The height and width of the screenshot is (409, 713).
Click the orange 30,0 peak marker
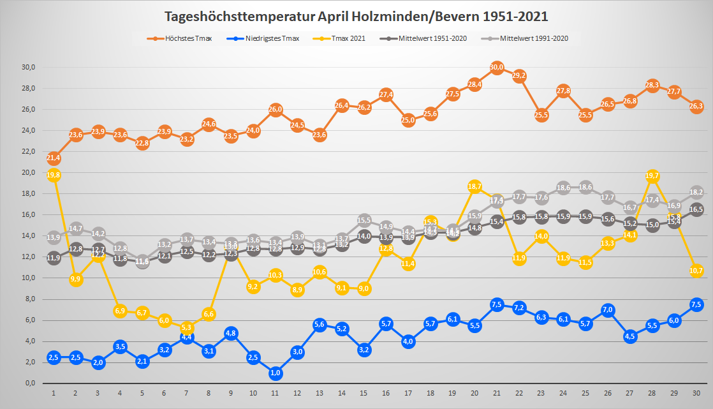(497, 68)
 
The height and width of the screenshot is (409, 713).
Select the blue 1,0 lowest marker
(276, 373)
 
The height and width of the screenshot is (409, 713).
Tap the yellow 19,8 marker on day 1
(54, 175)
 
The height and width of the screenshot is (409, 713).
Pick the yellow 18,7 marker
(474, 186)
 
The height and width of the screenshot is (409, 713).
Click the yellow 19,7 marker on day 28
(652, 176)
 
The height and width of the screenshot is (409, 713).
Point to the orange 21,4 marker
(54, 158)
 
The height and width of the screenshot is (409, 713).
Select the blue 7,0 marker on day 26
(608, 310)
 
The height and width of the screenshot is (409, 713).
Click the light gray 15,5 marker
(364, 220)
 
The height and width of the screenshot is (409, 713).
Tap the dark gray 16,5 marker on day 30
(696, 210)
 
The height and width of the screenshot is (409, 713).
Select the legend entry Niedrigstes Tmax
(272, 38)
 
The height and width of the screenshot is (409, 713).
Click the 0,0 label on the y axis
(29, 383)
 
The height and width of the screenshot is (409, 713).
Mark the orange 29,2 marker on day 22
(519, 76)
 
